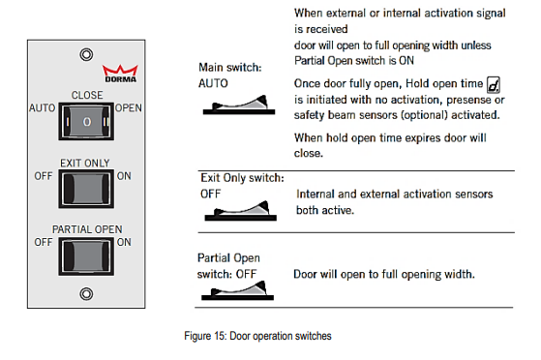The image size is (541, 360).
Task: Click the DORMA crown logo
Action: (x=120, y=74)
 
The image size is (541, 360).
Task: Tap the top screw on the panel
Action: (x=86, y=54)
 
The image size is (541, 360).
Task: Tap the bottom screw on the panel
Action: (x=86, y=294)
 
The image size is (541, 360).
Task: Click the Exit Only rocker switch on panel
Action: (x=86, y=189)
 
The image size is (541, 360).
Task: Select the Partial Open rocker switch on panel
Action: (x=86, y=256)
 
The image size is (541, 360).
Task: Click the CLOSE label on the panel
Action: (x=87, y=95)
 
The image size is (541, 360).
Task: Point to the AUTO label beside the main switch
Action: (x=42, y=108)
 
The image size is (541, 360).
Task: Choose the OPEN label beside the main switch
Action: (x=129, y=108)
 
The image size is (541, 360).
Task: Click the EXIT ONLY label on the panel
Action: (x=85, y=163)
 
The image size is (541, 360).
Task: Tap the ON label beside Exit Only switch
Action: (x=124, y=176)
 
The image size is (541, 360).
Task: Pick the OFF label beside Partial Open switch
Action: (x=44, y=242)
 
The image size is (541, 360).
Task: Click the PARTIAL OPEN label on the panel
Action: (x=87, y=229)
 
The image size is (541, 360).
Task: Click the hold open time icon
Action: (x=493, y=85)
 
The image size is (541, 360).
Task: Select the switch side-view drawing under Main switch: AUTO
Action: (x=239, y=105)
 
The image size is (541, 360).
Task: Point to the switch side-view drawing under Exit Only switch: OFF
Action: (x=240, y=211)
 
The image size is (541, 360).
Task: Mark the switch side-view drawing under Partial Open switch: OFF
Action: (x=237, y=290)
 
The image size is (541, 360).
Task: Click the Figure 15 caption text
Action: (x=257, y=336)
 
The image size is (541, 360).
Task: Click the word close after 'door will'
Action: (x=308, y=153)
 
